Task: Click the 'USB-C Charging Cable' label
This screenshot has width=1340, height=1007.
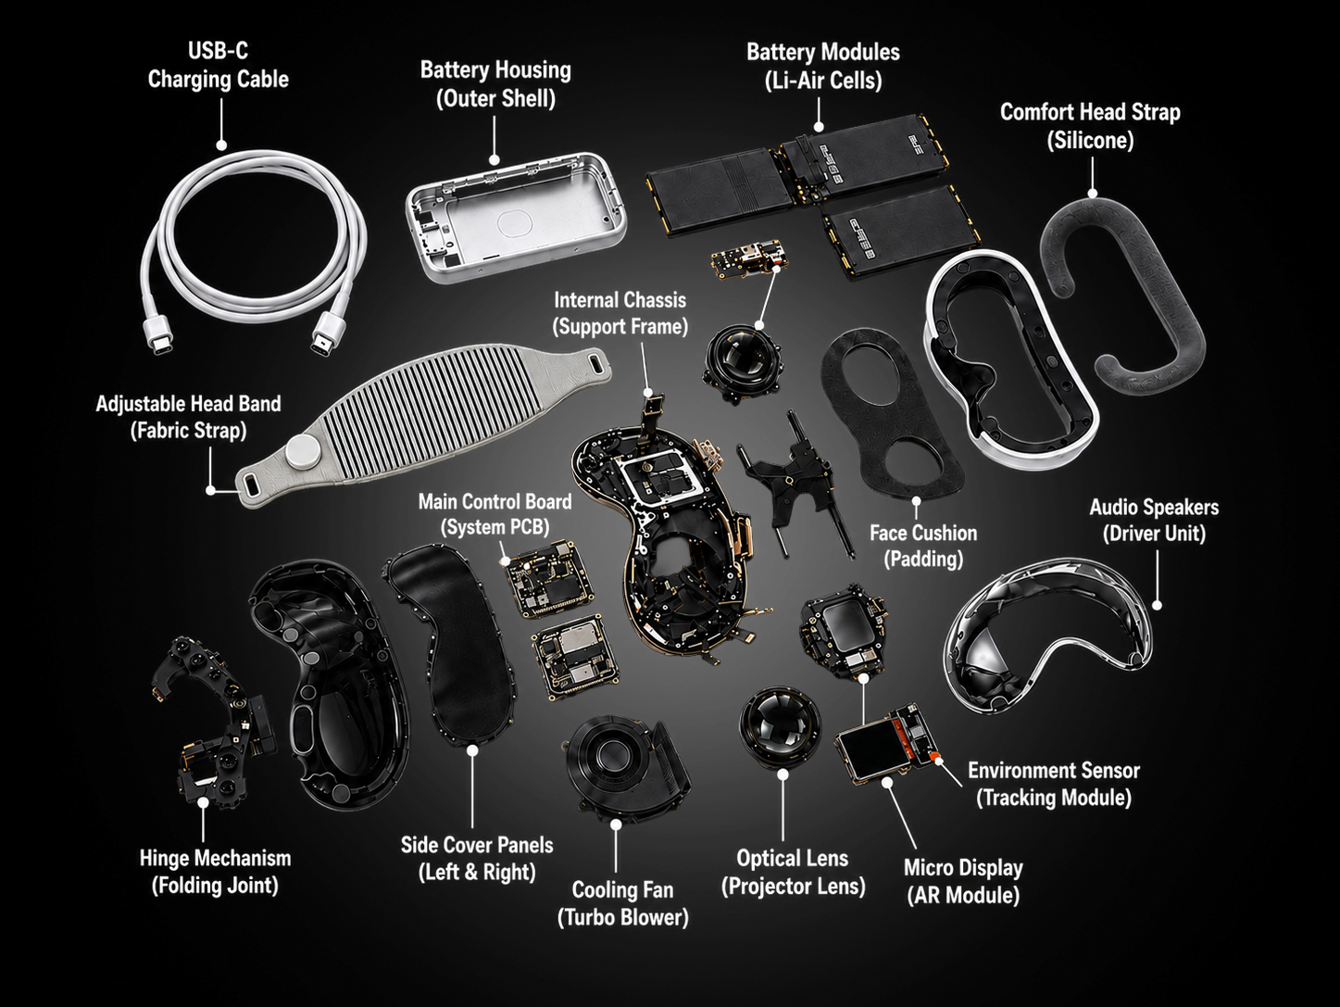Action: [x=218, y=65]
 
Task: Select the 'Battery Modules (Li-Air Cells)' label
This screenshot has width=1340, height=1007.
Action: [x=823, y=66]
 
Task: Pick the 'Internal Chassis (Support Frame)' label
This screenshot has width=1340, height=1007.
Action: [x=620, y=313]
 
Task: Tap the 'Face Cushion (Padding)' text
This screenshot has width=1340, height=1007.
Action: [x=923, y=546]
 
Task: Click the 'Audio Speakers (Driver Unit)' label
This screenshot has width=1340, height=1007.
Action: [x=1155, y=521]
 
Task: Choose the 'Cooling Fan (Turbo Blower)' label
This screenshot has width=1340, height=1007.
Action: [x=622, y=904]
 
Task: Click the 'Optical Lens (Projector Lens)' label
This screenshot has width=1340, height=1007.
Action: [x=793, y=872]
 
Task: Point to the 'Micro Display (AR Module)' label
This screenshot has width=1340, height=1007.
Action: [x=963, y=881]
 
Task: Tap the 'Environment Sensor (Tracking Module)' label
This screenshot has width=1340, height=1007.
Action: [x=1054, y=784]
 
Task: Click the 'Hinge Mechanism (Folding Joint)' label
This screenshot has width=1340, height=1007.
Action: [x=215, y=872]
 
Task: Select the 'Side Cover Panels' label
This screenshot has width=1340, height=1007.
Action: [x=477, y=845]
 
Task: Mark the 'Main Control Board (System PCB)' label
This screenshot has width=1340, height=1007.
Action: [x=495, y=514]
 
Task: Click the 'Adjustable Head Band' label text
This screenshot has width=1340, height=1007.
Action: [x=188, y=404]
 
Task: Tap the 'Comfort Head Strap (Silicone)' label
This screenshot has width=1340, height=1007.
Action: [x=1090, y=126]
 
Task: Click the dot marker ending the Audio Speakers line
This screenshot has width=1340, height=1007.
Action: [x=1157, y=605]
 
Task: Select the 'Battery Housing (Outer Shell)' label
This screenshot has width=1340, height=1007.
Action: [x=495, y=83]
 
